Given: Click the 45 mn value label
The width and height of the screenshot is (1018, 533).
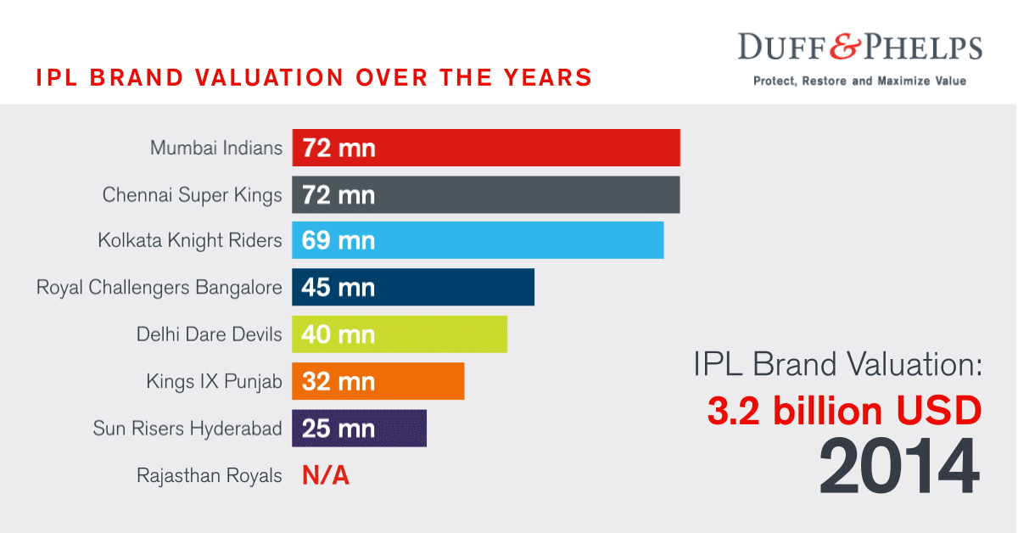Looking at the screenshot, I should click(338, 288).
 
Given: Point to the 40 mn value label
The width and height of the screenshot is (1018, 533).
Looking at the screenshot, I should click(338, 334).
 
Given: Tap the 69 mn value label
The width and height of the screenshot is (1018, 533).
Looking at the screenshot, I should click(338, 241).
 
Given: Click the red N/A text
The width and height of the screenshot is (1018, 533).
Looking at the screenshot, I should click(326, 476).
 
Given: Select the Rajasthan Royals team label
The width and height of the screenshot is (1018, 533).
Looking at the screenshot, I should click(209, 476).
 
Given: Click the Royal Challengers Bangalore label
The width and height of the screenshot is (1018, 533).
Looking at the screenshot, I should click(159, 288).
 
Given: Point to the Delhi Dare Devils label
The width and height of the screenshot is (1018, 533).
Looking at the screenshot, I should click(209, 334).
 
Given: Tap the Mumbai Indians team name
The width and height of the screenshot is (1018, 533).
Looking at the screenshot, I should click(215, 148).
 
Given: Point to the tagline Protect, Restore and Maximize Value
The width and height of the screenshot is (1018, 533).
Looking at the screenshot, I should click(860, 81).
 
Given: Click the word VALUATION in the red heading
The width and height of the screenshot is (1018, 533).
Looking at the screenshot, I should click(260, 77).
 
